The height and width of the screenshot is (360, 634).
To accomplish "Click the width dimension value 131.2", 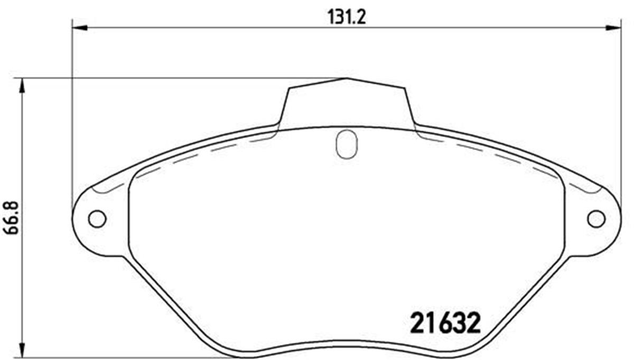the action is (x=347, y=17).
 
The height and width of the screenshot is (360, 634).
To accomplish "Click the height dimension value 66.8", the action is (x=11, y=217).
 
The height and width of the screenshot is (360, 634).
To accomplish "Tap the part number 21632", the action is (x=445, y=323).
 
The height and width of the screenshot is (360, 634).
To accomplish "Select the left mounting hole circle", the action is (x=97, y=219).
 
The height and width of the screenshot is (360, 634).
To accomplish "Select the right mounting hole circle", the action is (x=596, y=219).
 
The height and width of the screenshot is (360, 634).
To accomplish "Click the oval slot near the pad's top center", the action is (x=347, y=144).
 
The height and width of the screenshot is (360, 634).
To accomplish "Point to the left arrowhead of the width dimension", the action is (x=80, y=28).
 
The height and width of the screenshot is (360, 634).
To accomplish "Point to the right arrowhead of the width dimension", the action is (x=613, y=28).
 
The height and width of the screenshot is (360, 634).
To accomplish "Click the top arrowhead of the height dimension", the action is (x=22, y=86).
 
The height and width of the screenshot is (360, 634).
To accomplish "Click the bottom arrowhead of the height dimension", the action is (x=22, y=350).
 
